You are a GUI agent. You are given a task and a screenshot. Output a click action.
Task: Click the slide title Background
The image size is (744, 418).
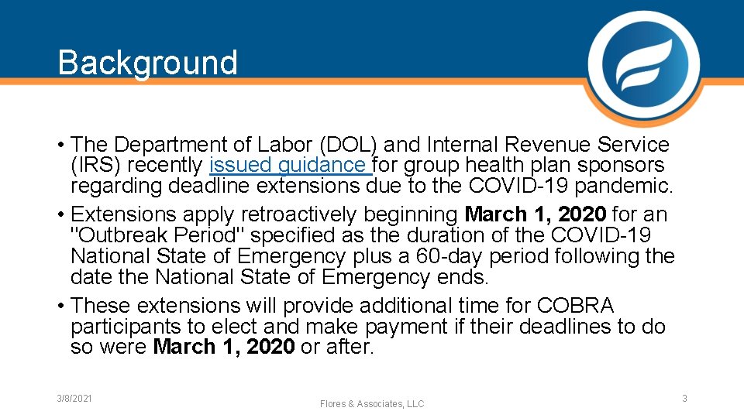click(x=147, y=63)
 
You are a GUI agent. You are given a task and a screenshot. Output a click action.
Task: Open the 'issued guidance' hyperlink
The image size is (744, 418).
click(x=288, y=166)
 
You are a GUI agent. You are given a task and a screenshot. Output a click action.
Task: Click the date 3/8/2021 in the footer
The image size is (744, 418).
click(x=74, y=398)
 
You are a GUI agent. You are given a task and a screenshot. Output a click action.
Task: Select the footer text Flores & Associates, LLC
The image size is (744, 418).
click(x=372, y=404)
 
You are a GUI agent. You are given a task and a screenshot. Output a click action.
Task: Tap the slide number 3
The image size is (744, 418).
click(x=684, y=398)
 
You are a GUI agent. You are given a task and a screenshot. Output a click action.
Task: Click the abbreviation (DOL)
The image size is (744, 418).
click(x=339, y=145)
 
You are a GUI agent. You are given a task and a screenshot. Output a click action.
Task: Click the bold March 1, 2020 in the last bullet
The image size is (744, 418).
click(x=224, y=348)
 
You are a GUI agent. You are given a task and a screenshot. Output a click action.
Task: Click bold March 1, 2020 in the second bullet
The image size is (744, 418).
click(x=536, y=214)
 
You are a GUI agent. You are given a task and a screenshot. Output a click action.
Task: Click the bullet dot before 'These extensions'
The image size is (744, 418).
click(x=61, y=306)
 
